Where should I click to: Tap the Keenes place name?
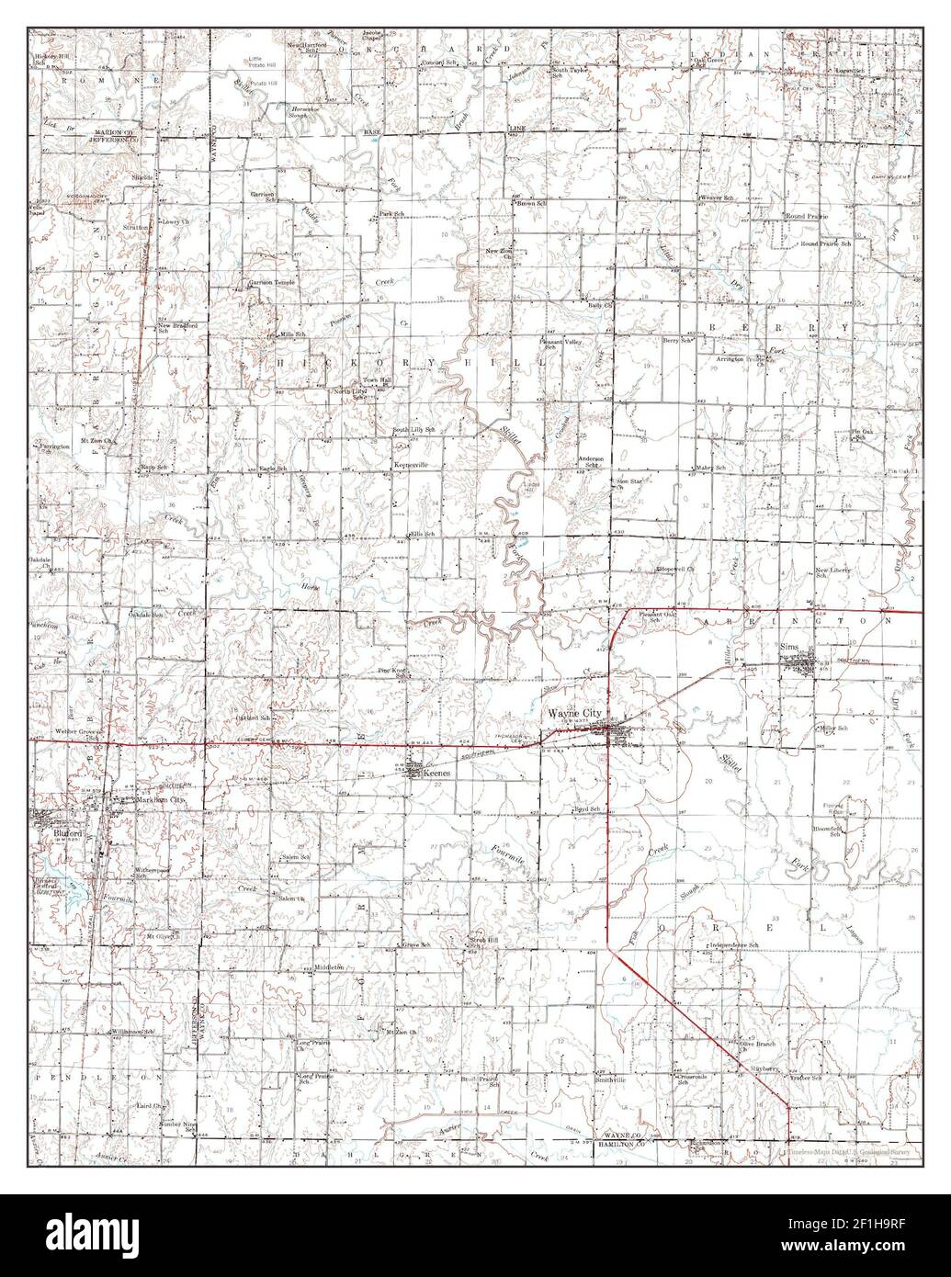(437, 774)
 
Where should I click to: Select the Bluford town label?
(54, 833)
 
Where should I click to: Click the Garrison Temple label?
(271, 283)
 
